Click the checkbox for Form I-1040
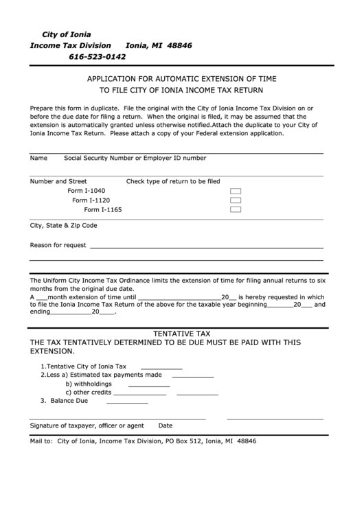(x=236, y=191)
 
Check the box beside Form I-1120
(x=236, y=200)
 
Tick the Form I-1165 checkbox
(x=236, y=209)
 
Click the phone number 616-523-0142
(x=97, y=56)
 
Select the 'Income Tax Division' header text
(x=71, y=45)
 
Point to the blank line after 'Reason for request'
(x=206, y=246)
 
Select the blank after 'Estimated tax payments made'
(x=192, y=376)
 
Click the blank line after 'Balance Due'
(x=127, y=401)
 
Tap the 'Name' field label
(x=38, y=158)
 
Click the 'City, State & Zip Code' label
(x=63, y=225)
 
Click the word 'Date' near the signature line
(x=166, y=425)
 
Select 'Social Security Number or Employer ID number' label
(x=135, y=158)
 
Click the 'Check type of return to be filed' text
(x=173, y=182)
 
